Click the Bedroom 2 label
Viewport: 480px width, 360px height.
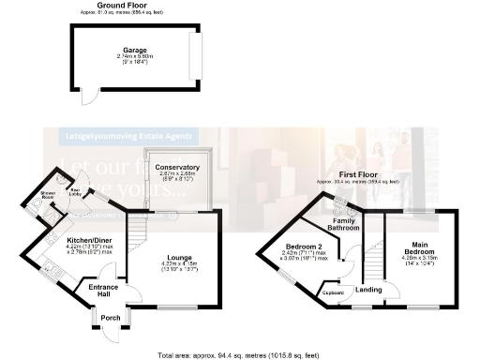[x=305, y=247]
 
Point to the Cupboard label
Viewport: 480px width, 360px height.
[x=333, y=291]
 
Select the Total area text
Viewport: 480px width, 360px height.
[x=240, y=355]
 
